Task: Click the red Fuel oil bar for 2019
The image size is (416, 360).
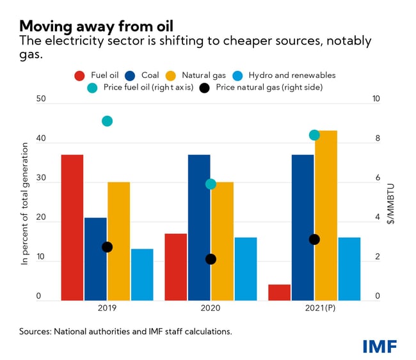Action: click(72, 227)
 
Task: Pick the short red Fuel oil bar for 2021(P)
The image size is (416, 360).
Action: click(280, 292)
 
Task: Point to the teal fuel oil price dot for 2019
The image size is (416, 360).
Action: click(108, 121)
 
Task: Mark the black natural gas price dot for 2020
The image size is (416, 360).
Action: click(211, 259)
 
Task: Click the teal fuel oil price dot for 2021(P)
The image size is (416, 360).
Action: click(314, 135)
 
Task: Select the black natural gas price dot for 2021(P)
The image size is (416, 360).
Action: click(314, 239)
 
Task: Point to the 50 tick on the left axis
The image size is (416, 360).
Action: click(41, 100)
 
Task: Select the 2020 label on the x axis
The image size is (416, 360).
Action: click(211, 309)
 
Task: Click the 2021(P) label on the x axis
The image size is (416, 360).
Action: click(314, 309)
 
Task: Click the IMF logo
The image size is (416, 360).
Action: click(380, 346)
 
